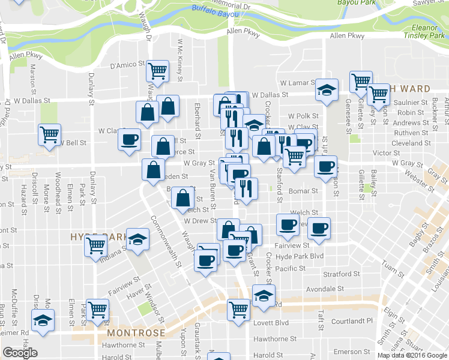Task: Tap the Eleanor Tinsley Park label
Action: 428,31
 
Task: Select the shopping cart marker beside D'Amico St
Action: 158,71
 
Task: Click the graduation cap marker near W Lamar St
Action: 327,91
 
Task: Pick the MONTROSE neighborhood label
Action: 136,332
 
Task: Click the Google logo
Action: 20,353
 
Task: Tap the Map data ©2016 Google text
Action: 412,355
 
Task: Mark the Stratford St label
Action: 342,274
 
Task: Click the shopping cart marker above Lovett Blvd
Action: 238,310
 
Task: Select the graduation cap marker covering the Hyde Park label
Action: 138,239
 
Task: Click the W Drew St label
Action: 199,221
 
